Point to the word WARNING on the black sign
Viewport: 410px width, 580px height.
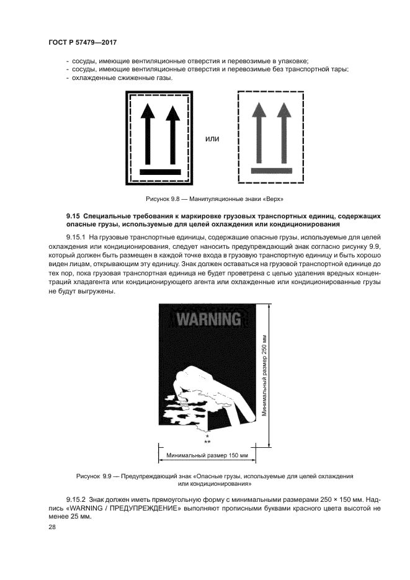[208, 319]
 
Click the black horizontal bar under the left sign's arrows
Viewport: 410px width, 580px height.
[160, 171]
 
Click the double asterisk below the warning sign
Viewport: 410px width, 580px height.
[207, 442]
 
